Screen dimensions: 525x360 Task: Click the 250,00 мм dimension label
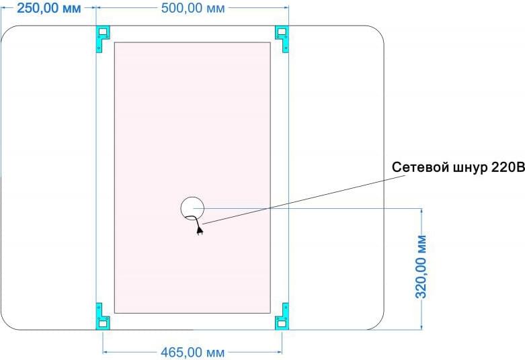tap(49, 8)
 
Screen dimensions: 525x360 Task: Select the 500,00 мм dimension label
tap(193, 8)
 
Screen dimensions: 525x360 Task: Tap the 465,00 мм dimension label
tap(192, 353)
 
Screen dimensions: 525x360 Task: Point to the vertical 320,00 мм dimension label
tap(421, 267)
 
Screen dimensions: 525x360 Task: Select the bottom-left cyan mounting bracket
tap(103, 316)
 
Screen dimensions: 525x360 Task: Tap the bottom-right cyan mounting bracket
tap(282, 316)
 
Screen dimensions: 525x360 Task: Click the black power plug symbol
tap(200, 230)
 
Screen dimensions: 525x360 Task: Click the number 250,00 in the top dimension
tap(38, 8)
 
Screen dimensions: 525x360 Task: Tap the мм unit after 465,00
tap(215, 354)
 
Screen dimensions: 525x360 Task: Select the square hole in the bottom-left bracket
tap(103, 324)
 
